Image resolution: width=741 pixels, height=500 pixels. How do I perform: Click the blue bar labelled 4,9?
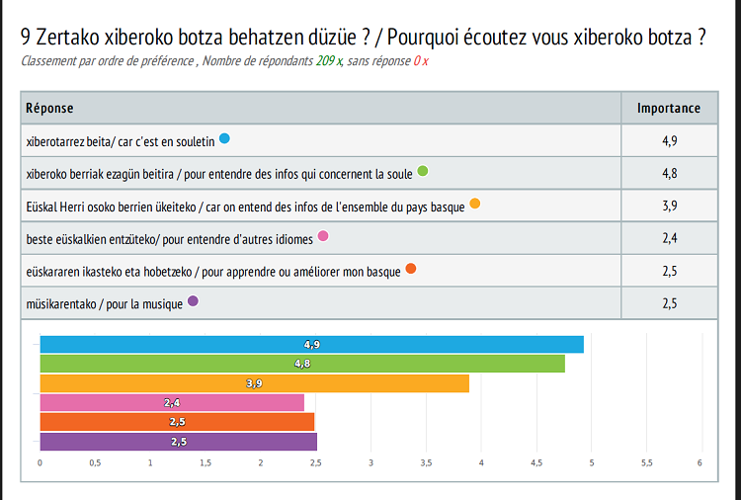pyautogui.click(x=311, y=344)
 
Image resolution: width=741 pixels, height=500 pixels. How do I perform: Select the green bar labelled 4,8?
pyautogui.click(x=301, y=364)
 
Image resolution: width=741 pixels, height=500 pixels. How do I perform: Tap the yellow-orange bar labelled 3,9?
pyautogui.click(x=254, y=383)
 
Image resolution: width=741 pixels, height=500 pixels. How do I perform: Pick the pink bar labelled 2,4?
pyautogui.click(x=171, y=402)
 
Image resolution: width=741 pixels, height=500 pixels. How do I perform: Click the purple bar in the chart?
pyautogui.click(x=178, y=442)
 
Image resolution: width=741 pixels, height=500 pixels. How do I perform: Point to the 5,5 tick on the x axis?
pyautogui.click(x=646, y=462)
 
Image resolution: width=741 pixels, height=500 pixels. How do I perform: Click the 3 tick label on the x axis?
pyautogui.click(x=370, y=462)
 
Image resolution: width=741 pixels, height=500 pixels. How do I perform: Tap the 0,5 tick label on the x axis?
pyautogui.click(x=95, y=462)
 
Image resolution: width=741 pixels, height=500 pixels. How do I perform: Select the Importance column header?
pyautogui.click(x=668, y=109)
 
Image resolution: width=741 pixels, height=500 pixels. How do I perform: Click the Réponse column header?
pyautogui.click(x=49, y=109)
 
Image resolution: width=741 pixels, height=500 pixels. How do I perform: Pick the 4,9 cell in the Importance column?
pyautogui.click(x=669, y=140)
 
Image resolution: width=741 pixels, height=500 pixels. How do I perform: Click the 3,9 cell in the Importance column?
pyautogui.click(x=669, y=206)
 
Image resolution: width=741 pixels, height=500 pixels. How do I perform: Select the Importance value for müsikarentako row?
pyautogui.click(x=669, y=303)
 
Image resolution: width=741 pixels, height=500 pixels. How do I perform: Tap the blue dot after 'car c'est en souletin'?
pyautogui.click(x=224, y=138)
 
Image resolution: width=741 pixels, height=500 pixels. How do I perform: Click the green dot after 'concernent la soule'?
pyautogui.click(x=423, y=171)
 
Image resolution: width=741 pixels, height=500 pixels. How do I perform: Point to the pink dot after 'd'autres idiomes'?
pyautogui.click(x=323, y=236)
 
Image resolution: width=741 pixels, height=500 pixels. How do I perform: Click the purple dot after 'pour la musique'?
pyautogui.click(x=193, y=301)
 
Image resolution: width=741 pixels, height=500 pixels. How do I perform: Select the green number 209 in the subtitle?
pyautogui.click(x=324, y=61)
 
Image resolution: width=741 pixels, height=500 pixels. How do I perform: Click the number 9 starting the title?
pyautogui.click(x=26, y=38)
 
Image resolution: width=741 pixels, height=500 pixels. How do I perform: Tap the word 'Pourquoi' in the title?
pyautogui.click(x=423, y=38)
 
